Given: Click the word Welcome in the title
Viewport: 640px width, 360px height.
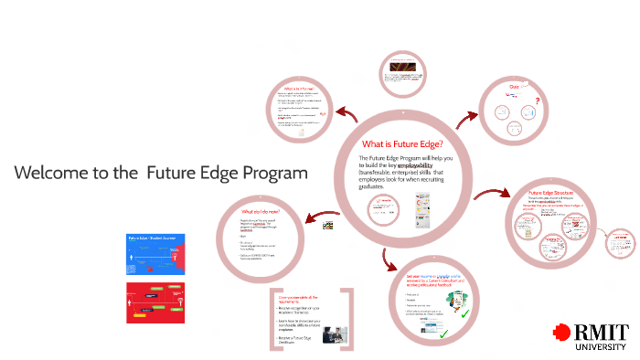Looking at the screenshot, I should click(x=51, y=173).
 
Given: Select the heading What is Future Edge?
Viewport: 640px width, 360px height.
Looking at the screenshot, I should click(x=403, y=143).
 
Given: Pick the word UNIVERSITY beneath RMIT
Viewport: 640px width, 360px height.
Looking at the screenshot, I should click(x=602, y=347).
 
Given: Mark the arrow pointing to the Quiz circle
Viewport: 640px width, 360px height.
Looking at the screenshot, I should click(x=469, y=119).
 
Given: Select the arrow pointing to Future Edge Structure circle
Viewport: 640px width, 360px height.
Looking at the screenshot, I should click(x=494, y=193).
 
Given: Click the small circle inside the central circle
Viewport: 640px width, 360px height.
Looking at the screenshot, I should click(x=380, y=211).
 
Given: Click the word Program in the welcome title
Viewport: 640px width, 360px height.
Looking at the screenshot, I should click(x=272, y=173).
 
